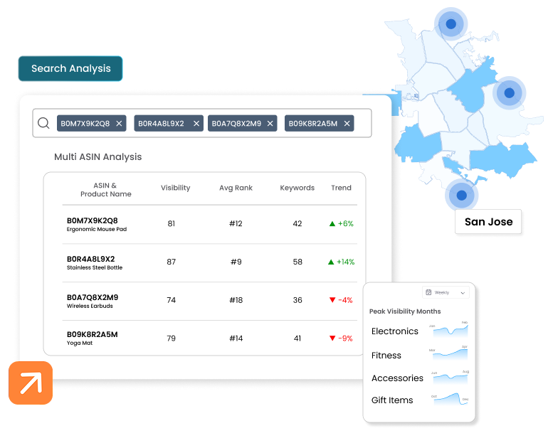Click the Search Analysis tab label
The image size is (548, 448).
[70, 69]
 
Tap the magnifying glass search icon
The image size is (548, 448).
[43, 123]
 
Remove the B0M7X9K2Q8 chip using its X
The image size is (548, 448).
[119, 124]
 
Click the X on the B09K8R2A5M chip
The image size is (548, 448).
[347, 124]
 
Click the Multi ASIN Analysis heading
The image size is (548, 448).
[98, 156]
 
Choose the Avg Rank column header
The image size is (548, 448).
[236, 188]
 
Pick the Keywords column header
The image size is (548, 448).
[297, 188]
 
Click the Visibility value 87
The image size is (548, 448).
[171, 262]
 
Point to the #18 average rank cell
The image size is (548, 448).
[236, 300]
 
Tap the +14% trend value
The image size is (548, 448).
[345, 262]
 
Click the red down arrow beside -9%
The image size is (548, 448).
[332, 338]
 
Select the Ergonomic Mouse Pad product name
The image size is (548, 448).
[97, 230]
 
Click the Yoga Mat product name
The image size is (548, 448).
[80, 343]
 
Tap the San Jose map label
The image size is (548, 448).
[488, 222]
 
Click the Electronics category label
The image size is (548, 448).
[395, 331]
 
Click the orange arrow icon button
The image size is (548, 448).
[31, 383]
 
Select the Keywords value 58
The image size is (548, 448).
[297, 262]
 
